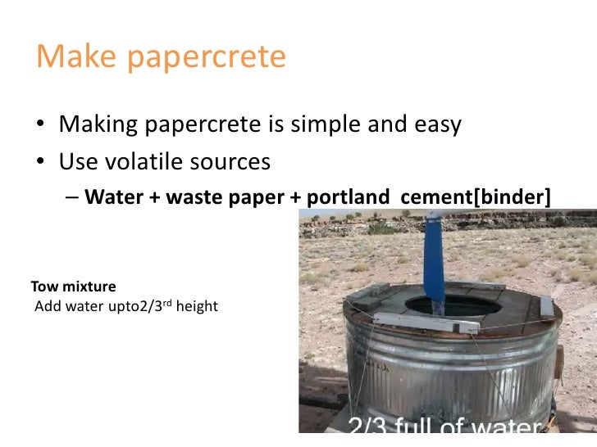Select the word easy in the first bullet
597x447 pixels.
[435, 125]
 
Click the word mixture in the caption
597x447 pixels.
[88, 287]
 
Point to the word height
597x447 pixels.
[198, 308]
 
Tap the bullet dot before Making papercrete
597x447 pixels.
[41, 125]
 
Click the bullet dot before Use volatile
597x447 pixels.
[41, 163]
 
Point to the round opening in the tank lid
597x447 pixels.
[453, 305]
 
